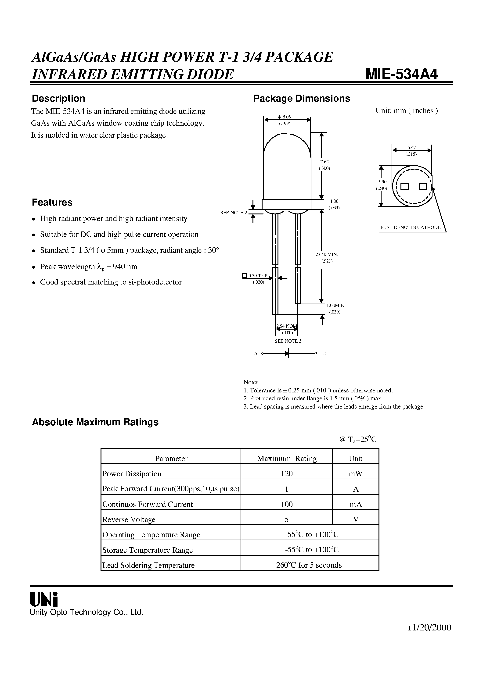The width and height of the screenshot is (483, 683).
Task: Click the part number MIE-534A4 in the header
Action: [x=401, y=74]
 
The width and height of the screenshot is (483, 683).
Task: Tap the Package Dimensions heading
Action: [x=301, y=99]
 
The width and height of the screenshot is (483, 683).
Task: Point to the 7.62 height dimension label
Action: [x=324, y=162]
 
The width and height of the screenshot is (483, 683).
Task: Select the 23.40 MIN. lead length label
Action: [x=327, y=255]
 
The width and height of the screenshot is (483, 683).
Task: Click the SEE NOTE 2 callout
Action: [x=234, y=213]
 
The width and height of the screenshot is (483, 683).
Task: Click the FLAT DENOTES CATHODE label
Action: [x=410, y=228]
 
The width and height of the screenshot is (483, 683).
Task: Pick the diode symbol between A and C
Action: [x=287, y=353]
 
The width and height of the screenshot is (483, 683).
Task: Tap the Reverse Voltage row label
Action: [x=129, y=519]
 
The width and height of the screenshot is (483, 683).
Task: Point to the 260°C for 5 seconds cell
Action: [x=309, y=565]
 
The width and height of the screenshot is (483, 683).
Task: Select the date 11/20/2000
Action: [x=429, y=627]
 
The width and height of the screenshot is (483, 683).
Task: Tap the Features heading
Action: [x=52, y=202]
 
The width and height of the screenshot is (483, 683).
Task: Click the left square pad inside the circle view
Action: [x=404, y=186]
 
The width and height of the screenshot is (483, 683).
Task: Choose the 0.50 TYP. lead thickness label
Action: [x=258, y=276]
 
